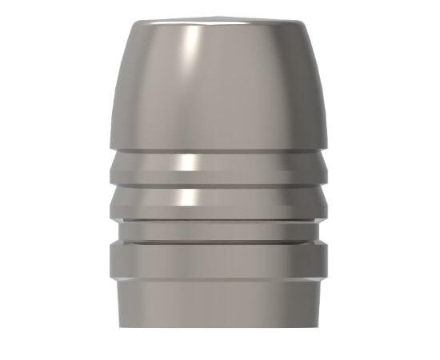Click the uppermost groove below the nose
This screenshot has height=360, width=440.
coord(217,166)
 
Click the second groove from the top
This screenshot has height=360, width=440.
coord(217,201)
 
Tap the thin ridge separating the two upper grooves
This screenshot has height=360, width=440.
coord(217,183)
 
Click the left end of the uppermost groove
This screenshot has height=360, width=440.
coord(112,166)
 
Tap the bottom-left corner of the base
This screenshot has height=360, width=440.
coord(121,325)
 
